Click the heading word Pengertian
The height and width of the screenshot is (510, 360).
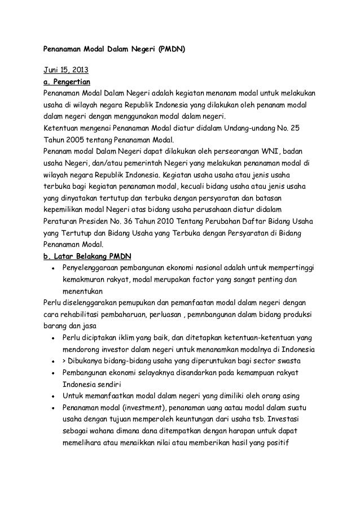77,82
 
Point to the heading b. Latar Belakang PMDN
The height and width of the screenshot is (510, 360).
87,255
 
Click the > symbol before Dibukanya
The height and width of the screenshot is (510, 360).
66,360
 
